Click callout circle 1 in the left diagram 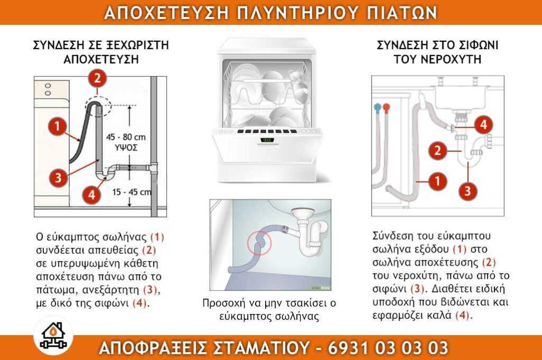pos(57,127)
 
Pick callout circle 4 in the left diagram pos(92,194)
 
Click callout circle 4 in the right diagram pos(483,125)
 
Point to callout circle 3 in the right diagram pos(467,190)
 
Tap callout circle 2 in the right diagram pos(438,151)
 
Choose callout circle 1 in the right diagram pos(437,182)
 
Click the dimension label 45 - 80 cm pos(125,137)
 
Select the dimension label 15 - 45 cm pos(132,192)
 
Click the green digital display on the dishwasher pos(268,140)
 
